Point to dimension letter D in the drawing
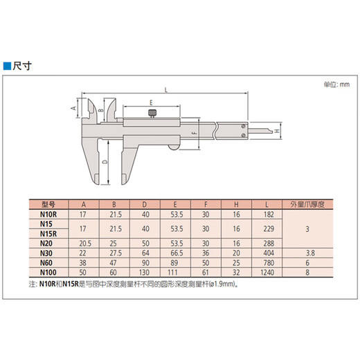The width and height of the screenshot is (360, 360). pyautogui.click(x=104, y=161)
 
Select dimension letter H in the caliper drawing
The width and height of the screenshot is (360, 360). pyautogui.click(x=277, y=131)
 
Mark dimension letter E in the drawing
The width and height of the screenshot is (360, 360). pyautogui.click(x=150, y=102)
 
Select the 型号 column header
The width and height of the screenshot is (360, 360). pyautogui.click(x=48, y=204)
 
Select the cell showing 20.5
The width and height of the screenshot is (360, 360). pyautogui.click(x=84, y=244)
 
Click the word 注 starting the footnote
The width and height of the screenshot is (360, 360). pyautogui.click(x=32, y=284)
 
